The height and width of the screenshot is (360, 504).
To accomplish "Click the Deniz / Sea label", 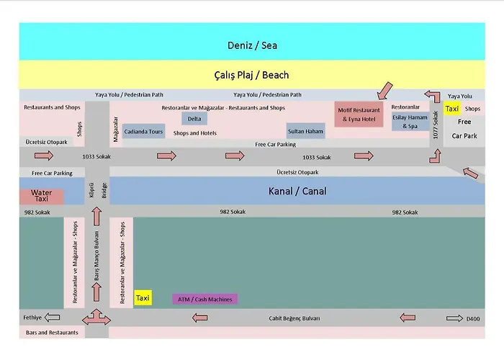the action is (x=252, y=45).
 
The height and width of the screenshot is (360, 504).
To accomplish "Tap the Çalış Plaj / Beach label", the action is (x=251, y=75).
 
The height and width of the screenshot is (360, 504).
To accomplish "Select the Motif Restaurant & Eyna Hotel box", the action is (x=359, y=114).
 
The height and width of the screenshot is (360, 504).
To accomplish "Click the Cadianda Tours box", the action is (x=143, y=132).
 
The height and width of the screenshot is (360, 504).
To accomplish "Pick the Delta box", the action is (x=194, y=119).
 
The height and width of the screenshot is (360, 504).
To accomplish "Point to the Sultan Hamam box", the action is (x=305, y=131).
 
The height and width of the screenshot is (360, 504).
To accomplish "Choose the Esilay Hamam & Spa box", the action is (x=410, y=122).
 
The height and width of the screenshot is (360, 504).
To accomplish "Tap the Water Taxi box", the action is (x=42, y=196).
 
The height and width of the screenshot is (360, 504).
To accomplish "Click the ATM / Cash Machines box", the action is (x=205, y=300).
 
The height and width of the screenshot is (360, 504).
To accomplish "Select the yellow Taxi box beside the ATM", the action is (x=143, y=298).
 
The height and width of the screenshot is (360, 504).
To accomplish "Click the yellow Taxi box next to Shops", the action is (x=452, y=109).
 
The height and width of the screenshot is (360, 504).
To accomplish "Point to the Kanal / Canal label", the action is (x=297, y=192).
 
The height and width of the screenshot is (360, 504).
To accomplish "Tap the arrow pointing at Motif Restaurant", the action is (x=385, y=91).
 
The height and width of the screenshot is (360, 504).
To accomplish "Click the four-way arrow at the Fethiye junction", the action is (x=96, y=318).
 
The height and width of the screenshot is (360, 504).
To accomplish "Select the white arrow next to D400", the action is (x=454, y=318).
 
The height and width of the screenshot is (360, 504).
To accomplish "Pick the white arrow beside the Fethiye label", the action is (x=52, y=318).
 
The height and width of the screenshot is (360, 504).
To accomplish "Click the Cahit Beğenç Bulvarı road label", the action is (x=294, y=318).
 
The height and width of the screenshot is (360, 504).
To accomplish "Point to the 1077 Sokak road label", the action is (x=436, y=125).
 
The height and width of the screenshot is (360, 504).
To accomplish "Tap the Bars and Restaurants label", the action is (x=52, y=333).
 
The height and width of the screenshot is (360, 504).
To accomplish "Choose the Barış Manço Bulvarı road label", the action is (x=96, y=256).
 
